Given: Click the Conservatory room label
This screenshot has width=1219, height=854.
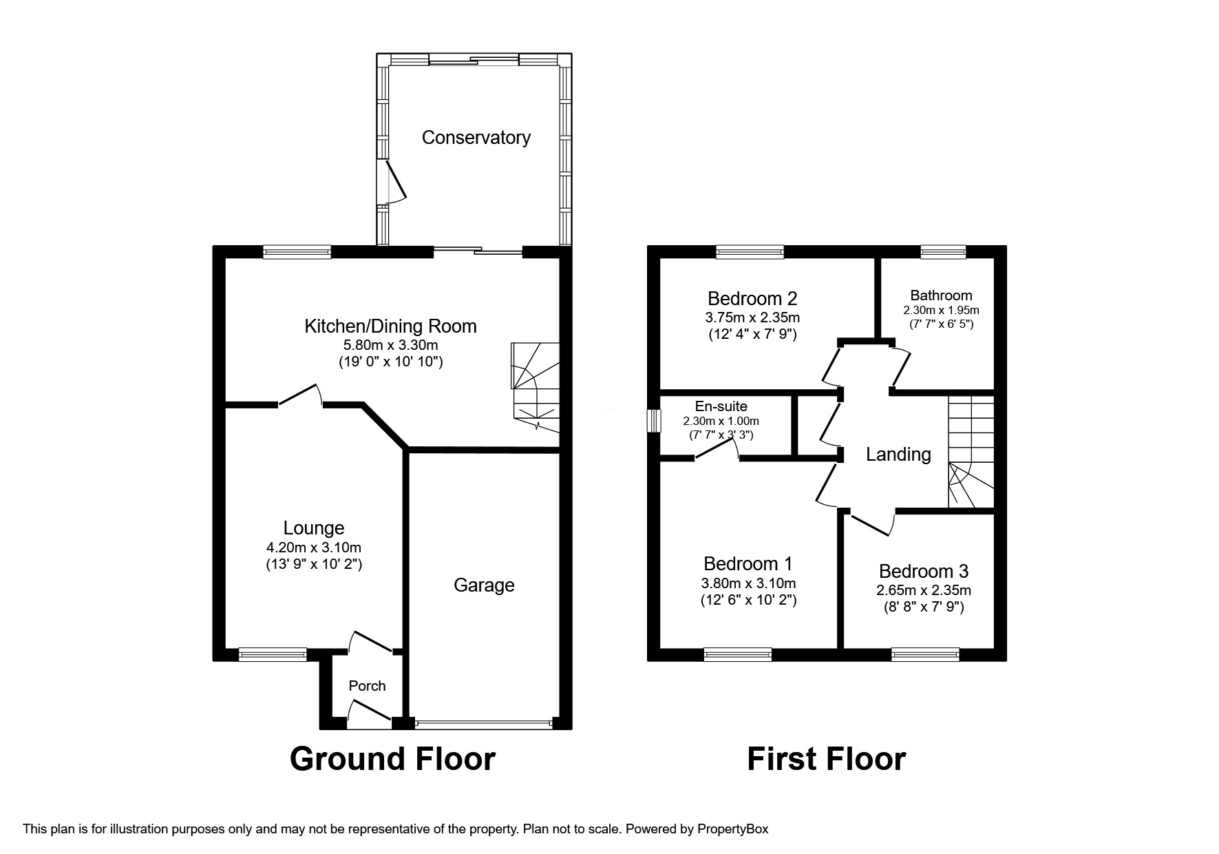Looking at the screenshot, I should (x=476, y=138).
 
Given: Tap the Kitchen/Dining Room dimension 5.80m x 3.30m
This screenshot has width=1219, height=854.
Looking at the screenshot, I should (x=391, y=345).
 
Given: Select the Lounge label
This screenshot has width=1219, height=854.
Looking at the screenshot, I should (x=314, y=528).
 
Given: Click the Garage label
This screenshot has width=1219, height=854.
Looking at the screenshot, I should (x=484, y=585).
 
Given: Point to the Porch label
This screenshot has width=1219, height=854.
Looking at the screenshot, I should (x=367, y=686).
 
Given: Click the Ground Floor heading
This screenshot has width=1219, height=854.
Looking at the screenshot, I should (x=392, y=759).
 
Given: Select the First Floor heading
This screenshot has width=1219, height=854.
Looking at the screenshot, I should (x=826, y=759).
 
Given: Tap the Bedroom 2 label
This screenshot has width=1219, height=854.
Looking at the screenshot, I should (x=752, y=299).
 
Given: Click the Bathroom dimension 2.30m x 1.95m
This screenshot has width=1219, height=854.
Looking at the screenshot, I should (x=941, y=311).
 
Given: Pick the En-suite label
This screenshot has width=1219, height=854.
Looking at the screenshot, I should (x=721, y=406).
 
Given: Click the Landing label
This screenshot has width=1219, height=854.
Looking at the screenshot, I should (x=898, y=455).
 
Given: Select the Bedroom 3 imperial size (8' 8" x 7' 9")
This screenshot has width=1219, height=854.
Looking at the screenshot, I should (x=924, y=607).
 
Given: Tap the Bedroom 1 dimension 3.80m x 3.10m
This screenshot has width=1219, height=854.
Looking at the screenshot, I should (x=748, y=583).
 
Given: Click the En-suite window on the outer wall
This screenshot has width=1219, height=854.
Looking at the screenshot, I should (x=653, y=421).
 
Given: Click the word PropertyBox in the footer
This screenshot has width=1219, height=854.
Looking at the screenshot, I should (x=732, y=829).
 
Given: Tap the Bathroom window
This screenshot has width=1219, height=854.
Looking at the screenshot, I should (x=943, y=252).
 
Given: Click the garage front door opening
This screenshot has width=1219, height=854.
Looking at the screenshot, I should (x=484, y=724).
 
